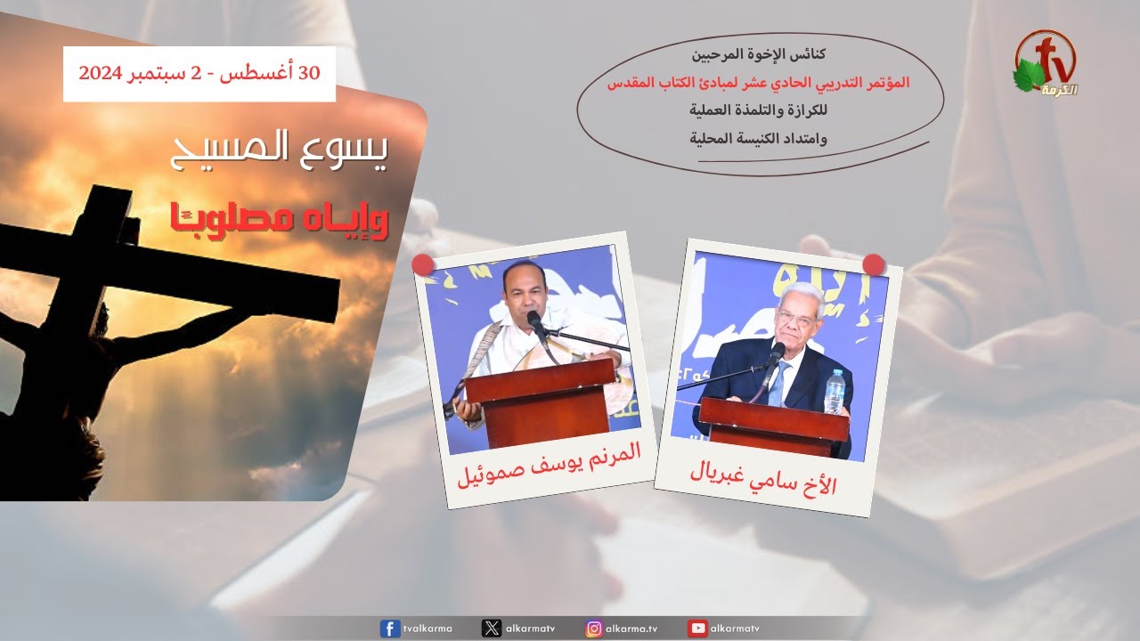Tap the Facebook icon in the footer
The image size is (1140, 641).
pos(390,629)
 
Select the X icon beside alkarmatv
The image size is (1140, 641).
pos(491,629)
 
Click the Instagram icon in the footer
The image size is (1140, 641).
pos(594,629)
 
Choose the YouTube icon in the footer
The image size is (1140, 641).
pos(697,629)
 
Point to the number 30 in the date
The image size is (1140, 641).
pos(309,73)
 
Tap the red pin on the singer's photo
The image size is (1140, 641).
pos(422,264)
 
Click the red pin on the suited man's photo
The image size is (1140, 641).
pos(874,264)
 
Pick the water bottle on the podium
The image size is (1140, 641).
pos(835,391)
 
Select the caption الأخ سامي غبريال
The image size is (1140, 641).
pos(763,480)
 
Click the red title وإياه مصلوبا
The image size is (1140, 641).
pos(280,222)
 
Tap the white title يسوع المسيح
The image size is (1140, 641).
pos(279,149)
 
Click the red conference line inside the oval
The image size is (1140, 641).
pos(758,83)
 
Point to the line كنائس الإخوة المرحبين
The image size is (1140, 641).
pos(758,54)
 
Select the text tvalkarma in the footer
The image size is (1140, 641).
pos(427,629)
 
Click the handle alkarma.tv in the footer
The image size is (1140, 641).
pos(631,629)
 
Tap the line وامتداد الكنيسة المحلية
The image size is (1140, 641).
pos(758,138)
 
